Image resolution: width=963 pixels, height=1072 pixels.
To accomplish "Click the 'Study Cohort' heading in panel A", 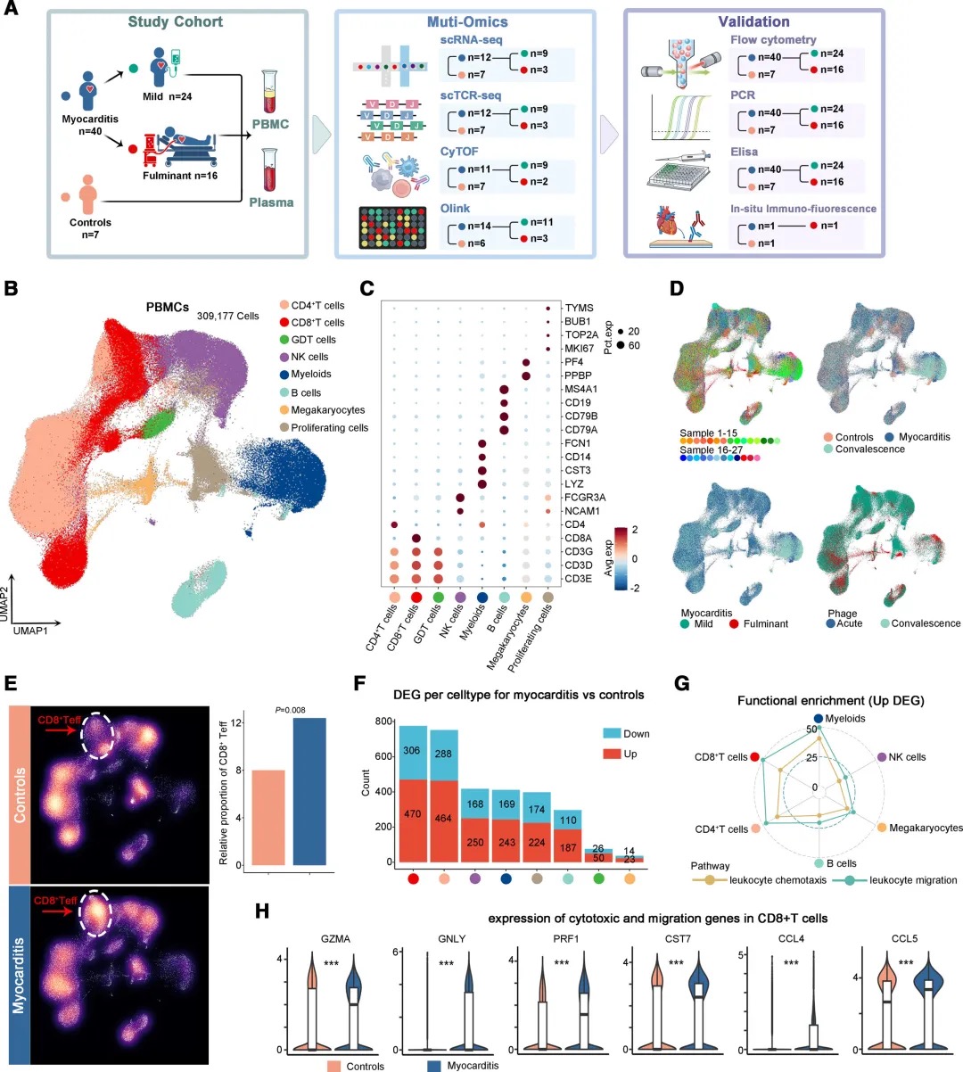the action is (x=175, y=21).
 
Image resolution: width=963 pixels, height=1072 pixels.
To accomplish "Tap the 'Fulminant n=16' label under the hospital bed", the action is (x=180, y=176).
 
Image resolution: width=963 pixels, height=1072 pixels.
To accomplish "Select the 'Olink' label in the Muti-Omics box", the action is (x=455, y=209).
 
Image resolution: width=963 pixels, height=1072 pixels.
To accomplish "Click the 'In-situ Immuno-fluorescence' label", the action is (x=803, y=209).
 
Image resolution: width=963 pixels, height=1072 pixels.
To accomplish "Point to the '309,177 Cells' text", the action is (x=228, y=316).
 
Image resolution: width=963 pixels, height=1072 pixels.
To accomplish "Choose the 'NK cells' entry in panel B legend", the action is (x=309, y=357).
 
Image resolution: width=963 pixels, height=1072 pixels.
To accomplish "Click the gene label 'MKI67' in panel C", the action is (x=580, y=348).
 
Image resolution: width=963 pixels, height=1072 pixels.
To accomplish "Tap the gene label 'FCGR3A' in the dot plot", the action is (x=585, y=498).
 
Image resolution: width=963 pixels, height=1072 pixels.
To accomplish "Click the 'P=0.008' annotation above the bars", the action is (x=290, y=710).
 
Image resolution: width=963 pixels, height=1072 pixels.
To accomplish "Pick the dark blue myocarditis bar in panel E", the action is (x=309, y=792).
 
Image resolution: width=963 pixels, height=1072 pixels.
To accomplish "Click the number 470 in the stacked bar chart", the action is (x=413, y=813).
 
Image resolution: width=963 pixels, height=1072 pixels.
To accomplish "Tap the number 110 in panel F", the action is (x=568, y=820).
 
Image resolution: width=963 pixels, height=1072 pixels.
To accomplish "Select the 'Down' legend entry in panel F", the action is (x=636, y=734).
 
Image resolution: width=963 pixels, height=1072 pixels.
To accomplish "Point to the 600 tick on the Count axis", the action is (x=383, y=756).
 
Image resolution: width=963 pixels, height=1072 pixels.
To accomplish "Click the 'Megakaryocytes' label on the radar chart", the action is (x=926, y=828).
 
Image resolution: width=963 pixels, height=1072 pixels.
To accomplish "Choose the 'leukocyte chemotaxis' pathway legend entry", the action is (x=778, y=880).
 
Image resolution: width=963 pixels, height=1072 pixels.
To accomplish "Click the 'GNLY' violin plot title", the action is (x=452, y=938).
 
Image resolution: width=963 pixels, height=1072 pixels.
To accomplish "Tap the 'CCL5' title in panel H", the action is (x=904, y=938).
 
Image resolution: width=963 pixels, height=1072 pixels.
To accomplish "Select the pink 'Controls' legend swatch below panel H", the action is (x=333, y=1066).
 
